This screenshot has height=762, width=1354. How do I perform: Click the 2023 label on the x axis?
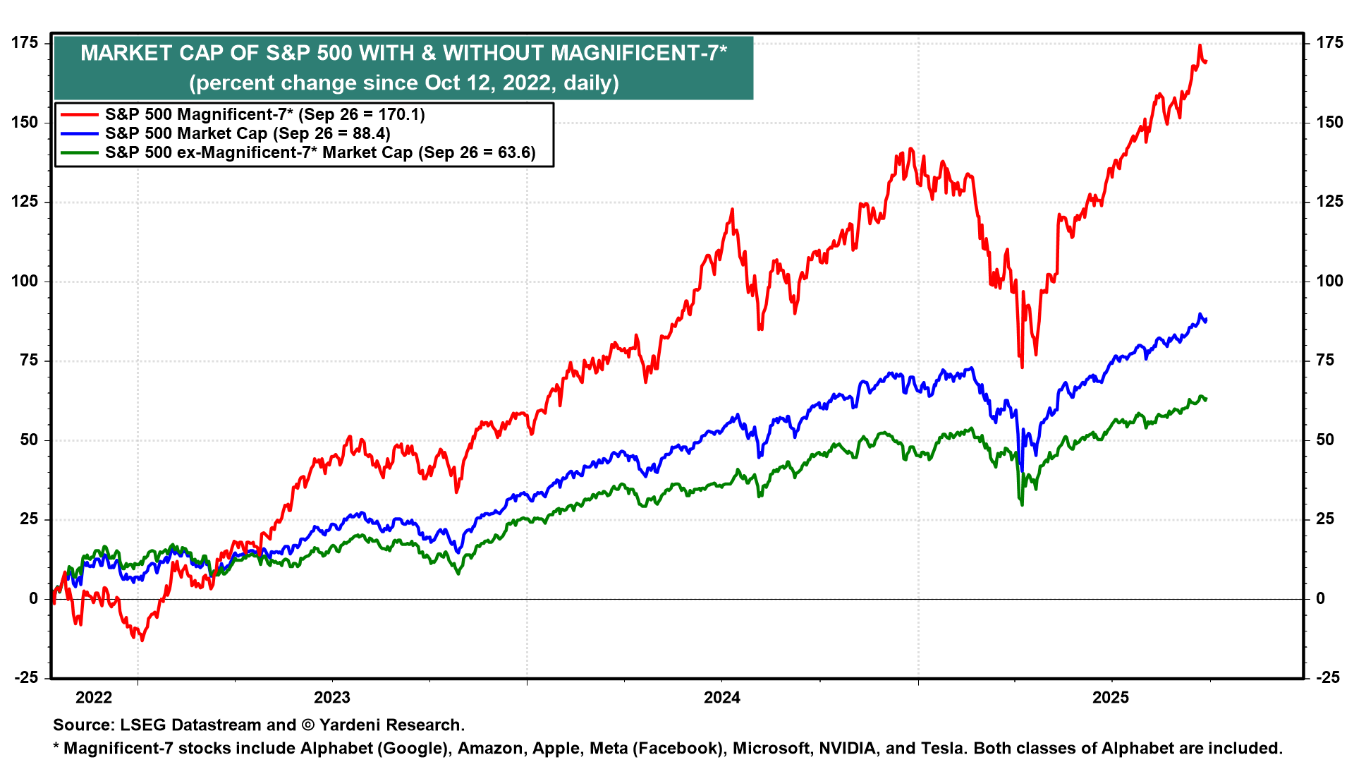tap(331, 698)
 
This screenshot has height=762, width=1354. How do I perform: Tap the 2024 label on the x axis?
tap(722, 698)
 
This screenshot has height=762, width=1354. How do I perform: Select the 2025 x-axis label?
tap(1111, 698)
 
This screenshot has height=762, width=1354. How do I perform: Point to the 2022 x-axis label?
tap(94, 698)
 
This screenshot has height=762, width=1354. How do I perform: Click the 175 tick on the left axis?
tap(25, 43)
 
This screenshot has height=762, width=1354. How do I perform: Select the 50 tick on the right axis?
tap(1326, 440)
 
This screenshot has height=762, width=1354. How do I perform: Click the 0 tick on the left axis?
tap(34, 599)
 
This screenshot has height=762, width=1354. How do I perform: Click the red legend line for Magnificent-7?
tap(79, 114)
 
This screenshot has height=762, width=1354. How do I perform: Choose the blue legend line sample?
tap(79, 133)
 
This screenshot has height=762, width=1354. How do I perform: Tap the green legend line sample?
tap(79, 152)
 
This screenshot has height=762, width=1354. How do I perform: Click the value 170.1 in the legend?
tap(398, 114)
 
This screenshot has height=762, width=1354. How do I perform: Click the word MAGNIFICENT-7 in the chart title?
tap(638, 54)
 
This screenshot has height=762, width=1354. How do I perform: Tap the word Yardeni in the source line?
tap(351, 725)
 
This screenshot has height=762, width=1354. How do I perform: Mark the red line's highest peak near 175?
tap(1200, 46)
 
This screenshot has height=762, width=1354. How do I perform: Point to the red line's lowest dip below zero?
tap(142, 640)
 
